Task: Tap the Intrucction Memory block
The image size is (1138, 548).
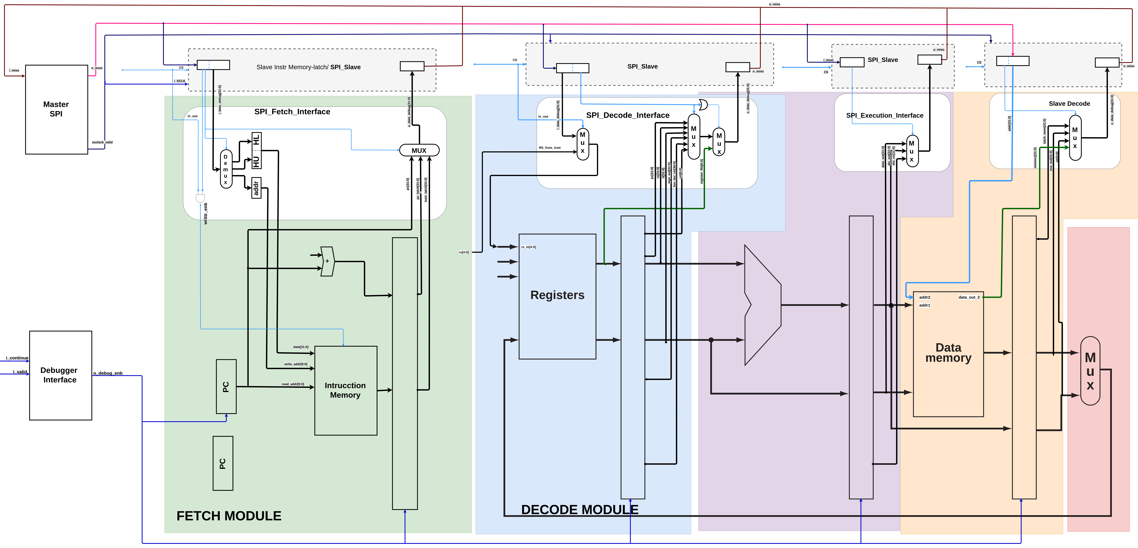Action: point(346,390)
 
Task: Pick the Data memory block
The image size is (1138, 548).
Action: point(948,353)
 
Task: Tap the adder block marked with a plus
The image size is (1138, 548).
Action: point(327,261)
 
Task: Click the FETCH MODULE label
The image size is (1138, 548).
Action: point(229,516)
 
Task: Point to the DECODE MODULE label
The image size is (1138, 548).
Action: point(580,510)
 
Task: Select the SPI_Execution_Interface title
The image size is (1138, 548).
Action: point(884,115)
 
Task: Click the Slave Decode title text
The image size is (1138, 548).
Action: point(1069,104)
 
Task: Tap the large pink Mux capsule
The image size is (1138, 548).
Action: point(1090,371)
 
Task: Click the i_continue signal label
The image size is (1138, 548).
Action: point(17,358)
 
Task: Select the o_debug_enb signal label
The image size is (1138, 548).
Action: point(108,373)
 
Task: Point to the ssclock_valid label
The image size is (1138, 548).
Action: point(102,142)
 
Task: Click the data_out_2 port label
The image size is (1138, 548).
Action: point(969,297)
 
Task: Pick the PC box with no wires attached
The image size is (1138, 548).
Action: point(223,463)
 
